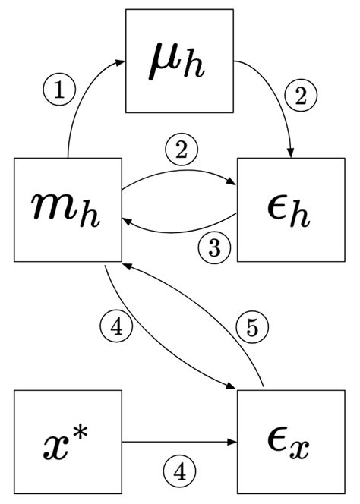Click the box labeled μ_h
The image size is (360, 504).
(x=179, y=59)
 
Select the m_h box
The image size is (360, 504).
(x=68, y=210)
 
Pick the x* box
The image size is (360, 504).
(x=68, y=443)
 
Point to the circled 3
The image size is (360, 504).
(x=214, y=247)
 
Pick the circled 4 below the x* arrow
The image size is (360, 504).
(x=179, y=472)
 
